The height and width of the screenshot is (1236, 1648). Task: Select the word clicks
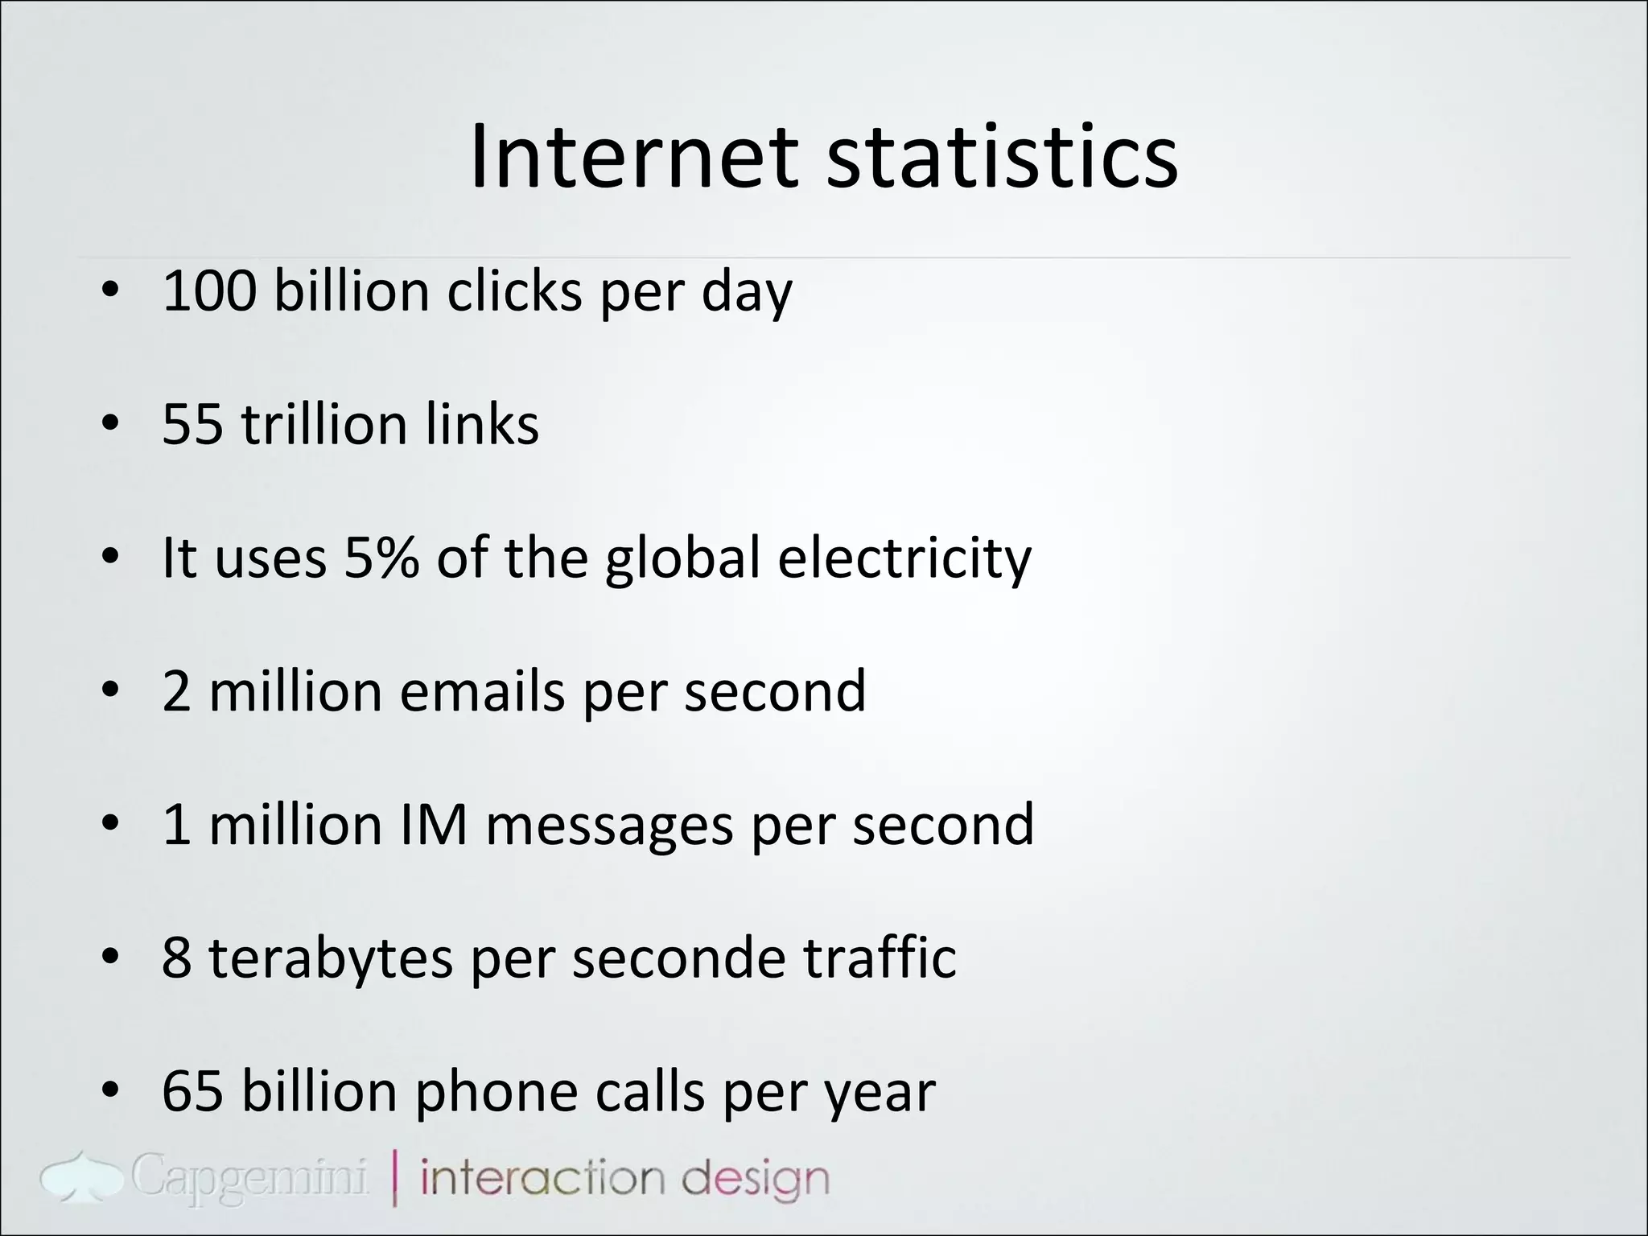(x=514, y=290)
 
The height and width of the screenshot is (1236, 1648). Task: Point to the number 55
(x=192, y=424)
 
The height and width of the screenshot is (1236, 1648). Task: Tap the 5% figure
(x=381, y=558)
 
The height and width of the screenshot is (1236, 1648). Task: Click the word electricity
(x=904, y=558)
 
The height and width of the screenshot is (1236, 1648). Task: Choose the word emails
(x=482, y=691)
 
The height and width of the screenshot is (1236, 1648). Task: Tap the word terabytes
(x=331, y=958)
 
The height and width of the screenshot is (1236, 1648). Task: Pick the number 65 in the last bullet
(x=192, y=1092)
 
